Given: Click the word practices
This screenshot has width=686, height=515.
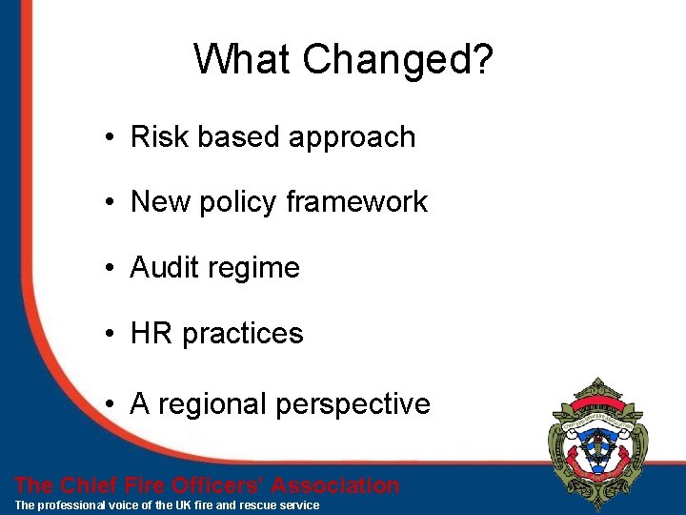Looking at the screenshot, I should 243,334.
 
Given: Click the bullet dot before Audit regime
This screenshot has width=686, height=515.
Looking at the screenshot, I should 112,269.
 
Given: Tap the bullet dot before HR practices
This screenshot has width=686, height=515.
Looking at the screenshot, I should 112,335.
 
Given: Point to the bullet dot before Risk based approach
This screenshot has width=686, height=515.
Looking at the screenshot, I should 112,138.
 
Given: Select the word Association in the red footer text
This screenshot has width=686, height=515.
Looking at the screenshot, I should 333,485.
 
